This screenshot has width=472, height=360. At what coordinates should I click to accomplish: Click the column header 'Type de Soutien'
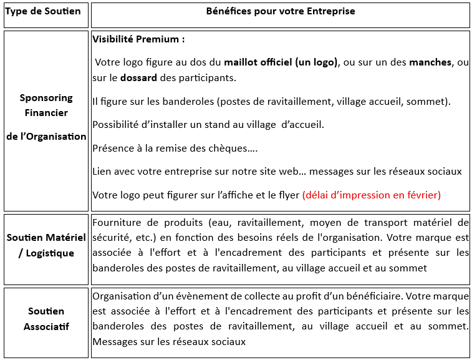click(43, 12)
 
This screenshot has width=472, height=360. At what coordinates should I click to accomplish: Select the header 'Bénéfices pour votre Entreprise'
click(281, 12)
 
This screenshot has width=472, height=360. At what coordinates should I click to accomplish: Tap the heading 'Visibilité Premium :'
click(138, 39)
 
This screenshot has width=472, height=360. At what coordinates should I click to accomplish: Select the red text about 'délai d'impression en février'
click(371, 195)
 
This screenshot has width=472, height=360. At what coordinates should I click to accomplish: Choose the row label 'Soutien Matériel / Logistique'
click(46, 245)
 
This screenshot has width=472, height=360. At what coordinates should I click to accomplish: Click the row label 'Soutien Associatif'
click(46, 319)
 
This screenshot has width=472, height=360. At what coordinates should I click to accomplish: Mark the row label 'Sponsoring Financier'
click(46, 105)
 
